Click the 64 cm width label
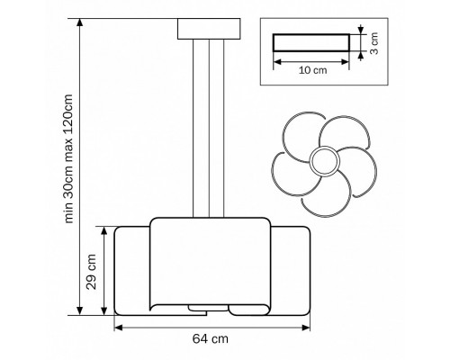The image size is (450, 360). [x=211, y=338]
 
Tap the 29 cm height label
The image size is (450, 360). [x=91, y=272]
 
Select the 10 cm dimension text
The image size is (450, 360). [x=312, y=70]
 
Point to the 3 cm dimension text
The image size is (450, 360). [x=373, y=43]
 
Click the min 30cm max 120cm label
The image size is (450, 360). [x=68, y=158]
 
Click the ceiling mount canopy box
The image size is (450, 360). [x=209, y=29]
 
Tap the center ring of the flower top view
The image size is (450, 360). [x=325, y=161]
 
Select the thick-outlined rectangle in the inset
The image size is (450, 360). [x=311, y=42]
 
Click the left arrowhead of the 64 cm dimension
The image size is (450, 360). [x=118, y=328]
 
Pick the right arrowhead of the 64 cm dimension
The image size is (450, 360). [x=306, y=328]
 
